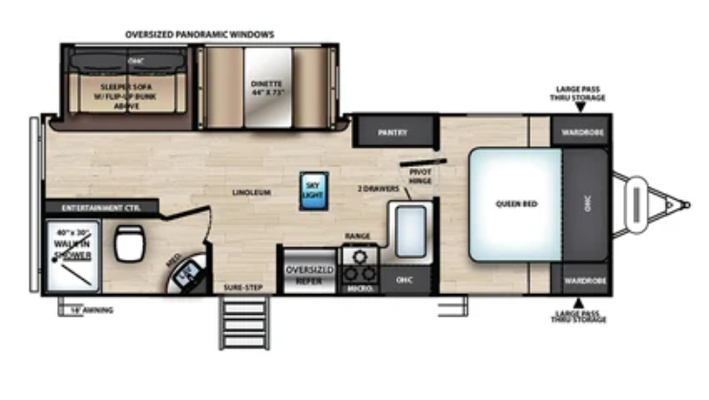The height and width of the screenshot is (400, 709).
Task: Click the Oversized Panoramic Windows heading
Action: (199, 34)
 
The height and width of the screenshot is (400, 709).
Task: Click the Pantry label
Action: (392, 133)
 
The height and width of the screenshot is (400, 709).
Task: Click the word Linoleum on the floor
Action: (251, 192)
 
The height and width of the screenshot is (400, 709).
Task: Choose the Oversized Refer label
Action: (308, 275)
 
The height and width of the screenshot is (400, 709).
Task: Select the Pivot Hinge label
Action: (421, 176)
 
